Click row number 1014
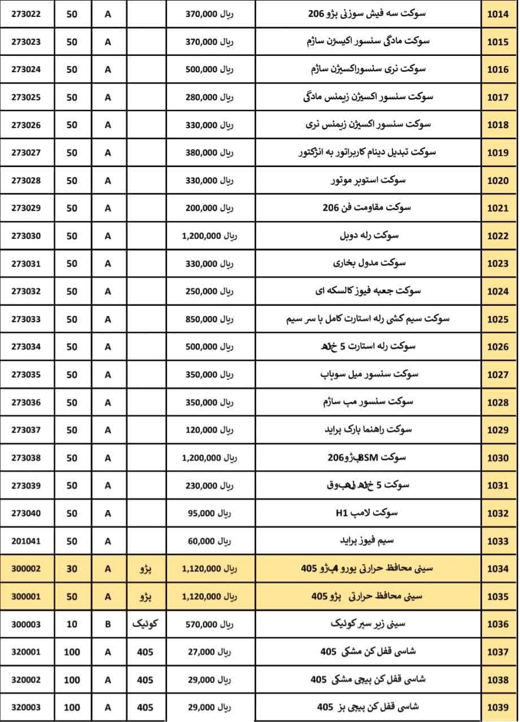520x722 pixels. click(x=497, y=14)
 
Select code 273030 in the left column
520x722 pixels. click(x=26, y=236)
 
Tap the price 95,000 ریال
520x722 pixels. click(x=209, y=513)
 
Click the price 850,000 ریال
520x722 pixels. click(x=209, y=319)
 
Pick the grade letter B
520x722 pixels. click(x=108, y=624)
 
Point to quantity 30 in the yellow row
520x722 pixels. click(x=72, y=569)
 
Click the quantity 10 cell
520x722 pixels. click(x=72, y=624)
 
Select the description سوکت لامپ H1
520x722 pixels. click(x=366, y=513)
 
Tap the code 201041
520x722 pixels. click(x=26, y=541)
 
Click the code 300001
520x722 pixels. click(x=26, y=597)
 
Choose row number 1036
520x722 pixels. click(x=497, y=624)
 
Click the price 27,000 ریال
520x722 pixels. click(x=209, y=652)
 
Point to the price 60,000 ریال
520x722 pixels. click(x=209, y=541)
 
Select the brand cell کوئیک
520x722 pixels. click(x=145, y=624)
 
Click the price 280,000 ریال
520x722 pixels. click(x=209, y=97)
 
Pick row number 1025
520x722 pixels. click(x=497, y=319)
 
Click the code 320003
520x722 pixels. click(x=26, y=707)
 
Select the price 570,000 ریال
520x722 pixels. click(x=209, y=624)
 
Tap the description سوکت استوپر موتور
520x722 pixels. click(x=368, y=180)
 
